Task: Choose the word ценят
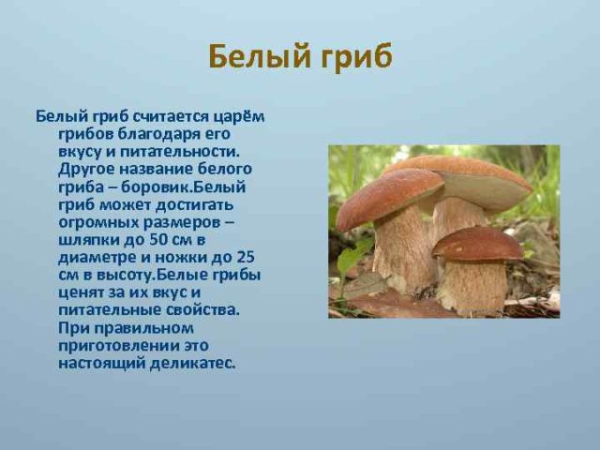tap(80, 292)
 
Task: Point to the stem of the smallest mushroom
tap(473, 286)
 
